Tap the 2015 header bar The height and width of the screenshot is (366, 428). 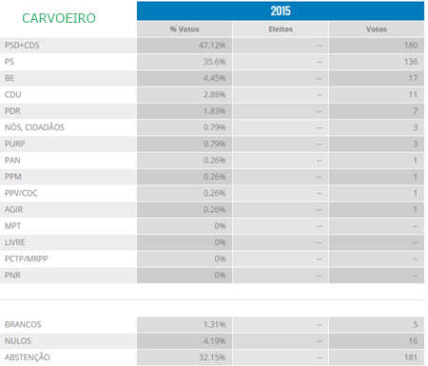[280, 11]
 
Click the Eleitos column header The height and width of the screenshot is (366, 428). [280, 29]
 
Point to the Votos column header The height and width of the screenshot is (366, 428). [376, 29]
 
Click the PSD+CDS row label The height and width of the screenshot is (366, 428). [24, 46]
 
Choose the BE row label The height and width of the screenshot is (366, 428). [10, 78]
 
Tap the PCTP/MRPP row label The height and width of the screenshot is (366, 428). [28, 259]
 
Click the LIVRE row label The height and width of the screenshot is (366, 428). [16, 242]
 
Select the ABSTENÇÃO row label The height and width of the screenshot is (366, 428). [28, 357]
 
